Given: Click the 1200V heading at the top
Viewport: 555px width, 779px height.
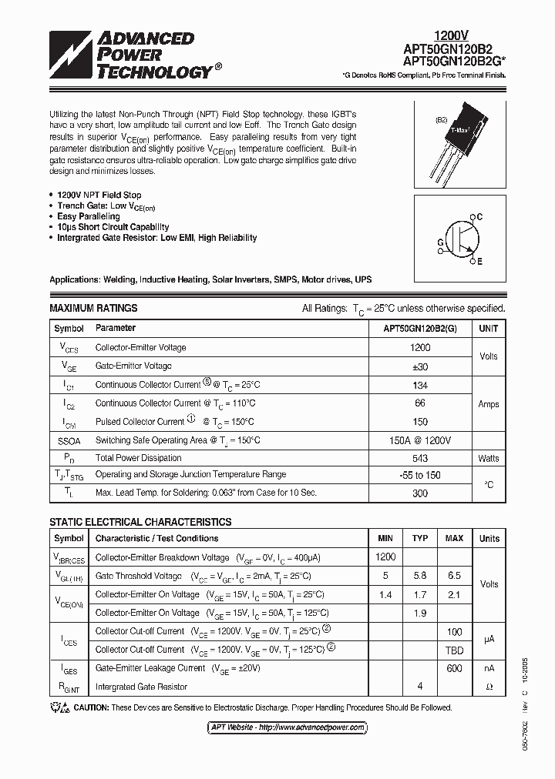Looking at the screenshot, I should click(x=449, y=35).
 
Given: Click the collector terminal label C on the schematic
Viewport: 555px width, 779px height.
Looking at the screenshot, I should click(x=479, y=217).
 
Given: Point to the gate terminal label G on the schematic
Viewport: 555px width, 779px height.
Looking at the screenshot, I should click(x=440, y=241).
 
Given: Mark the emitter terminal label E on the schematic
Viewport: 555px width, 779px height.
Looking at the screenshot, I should click(x=479, y=262).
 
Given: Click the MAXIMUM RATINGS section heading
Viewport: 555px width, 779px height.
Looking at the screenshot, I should click(x=93, y=308).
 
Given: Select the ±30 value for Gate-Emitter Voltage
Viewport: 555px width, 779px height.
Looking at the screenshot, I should click(x=419, y=366).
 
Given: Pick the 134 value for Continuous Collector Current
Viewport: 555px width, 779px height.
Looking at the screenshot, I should click(x=419, y=385).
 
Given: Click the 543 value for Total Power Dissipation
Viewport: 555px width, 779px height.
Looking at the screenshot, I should click(x=419, y=458).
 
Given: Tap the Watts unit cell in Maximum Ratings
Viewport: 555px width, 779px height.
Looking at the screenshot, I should click(x=488, y=458).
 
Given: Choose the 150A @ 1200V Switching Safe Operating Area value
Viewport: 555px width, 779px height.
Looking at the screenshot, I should click(x=419, y=440).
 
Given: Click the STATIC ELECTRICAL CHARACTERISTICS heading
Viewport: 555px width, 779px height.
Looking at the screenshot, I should click(x=140, y=522).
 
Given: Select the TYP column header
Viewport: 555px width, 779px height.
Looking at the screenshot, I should click(x=419, y=538).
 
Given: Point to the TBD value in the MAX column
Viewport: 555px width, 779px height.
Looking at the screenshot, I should click(x=454, y=650).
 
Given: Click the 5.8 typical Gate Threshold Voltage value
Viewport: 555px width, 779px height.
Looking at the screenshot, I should click(x=419, y=576).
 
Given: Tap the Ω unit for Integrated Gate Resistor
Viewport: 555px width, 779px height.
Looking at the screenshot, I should click(x=489, y=687).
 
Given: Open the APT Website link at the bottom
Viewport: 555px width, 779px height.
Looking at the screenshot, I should click(x=277, y=727).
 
